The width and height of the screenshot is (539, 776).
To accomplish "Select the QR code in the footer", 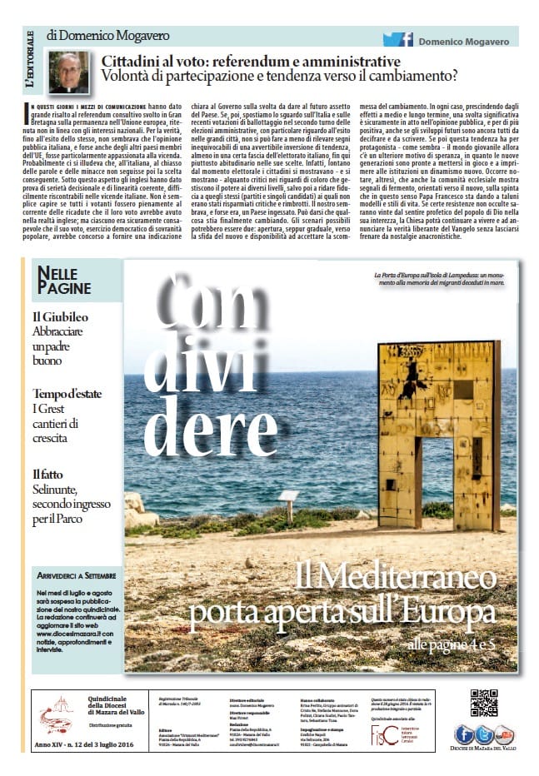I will pyautogui.click(x=483, y=703).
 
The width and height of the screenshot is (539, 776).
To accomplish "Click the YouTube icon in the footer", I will pyautogui.click(x=504, y=735).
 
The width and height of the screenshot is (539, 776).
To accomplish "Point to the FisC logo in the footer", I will pyautogui.click(x=383, y=735).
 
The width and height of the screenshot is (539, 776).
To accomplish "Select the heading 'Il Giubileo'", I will pyautogui.click(x=60, y=317).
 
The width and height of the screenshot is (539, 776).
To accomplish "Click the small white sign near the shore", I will pyautogui.click(x=289, y=496).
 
